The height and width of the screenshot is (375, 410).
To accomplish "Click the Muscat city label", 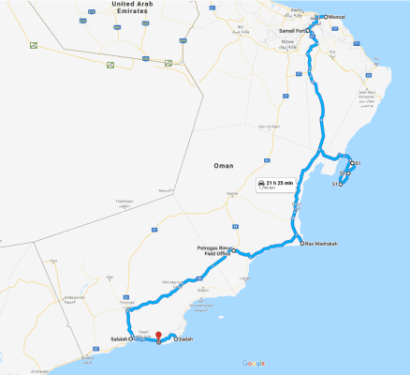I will pyautogui.click(x=336, y=17).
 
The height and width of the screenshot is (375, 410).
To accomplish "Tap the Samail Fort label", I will pyautogui.click(x=292, y=31).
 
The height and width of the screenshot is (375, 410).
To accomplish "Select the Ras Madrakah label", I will pyautogui.click(x=321, y=244).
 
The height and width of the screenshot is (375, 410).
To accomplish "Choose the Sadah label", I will pyautogui.click(x=185, y=338).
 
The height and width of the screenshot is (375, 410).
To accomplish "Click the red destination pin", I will pyautogui.click(x=159, y=336).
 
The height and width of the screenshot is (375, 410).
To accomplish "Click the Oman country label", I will pyautogui.click(x=223, y=165).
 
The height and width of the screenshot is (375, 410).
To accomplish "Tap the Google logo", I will pyautogui.click(x=253, y=363).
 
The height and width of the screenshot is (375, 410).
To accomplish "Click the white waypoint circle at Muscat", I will pyautogui.click(x=325, y=17).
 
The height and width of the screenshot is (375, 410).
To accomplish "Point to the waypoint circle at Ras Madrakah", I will pyautogui.click(x=303, y=244).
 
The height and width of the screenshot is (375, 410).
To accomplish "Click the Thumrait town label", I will pyautogui.click(x=127, y=302).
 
